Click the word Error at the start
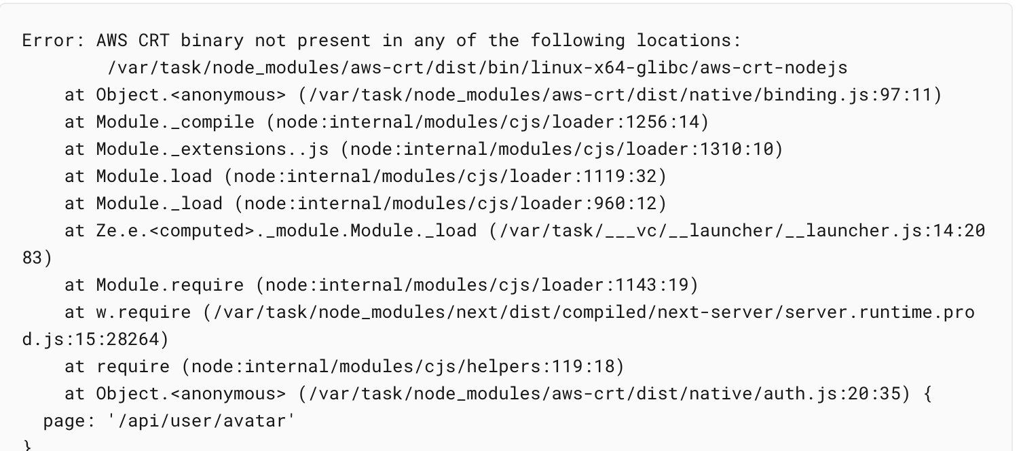pyautogui.click(x=48, y=41)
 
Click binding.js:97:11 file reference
pyautogui.click(x=847, y=95)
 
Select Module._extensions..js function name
pyautogui.click(x=217, y=149)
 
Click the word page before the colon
pyautogui.click(x=64, y=421)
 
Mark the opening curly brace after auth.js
pyautogui.click(x=927, y=394)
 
